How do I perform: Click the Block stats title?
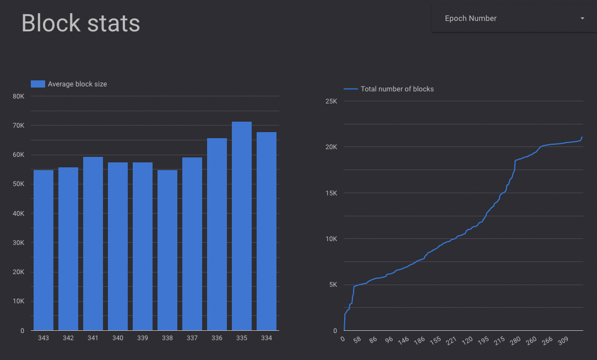click(x=80, y=24)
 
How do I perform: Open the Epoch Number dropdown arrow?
click(x=582, y=19)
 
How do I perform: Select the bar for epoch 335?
click(x=241, y=226)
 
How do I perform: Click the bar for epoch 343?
click(x=44, y=250)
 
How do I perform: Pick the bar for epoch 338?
click(x=167, y=250)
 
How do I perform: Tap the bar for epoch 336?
click(x=216, y=234)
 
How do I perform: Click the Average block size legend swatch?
click(x=37, y=84)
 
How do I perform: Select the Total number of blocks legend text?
click(x=397, y=89)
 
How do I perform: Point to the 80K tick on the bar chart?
click(x=18, y=96)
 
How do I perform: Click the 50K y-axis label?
click(x=18, y=184)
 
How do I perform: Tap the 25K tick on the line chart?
click(x=331, y=101)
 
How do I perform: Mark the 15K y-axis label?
click(x=331, y=193)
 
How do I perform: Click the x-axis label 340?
click(x=117, y=338)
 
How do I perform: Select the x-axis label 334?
click(x=266, y=338)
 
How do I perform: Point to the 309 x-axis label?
click(x=562, y=341)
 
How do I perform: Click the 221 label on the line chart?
click(x=451, y=341)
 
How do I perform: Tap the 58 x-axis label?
click(x=357, y=341)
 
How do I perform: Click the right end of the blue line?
click(x=582, y=137)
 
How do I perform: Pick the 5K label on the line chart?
click(x=333, y=285)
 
